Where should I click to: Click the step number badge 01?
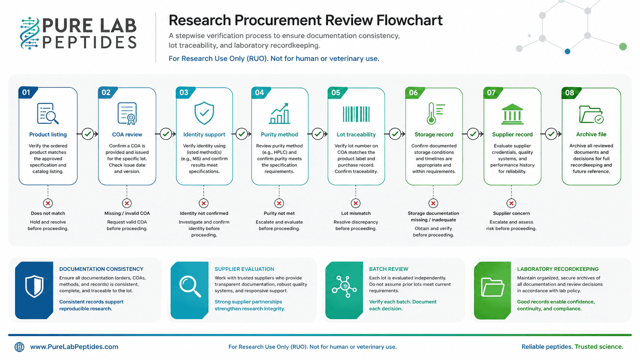coord(26,92)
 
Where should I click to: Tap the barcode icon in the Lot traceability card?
coord(356,114)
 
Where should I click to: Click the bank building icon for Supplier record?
coord(512,114)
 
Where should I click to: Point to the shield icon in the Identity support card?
coord(204,113)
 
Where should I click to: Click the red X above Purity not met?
coord(279,203)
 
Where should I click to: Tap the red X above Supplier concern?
coord(511,203)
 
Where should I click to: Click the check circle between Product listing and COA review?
coord(88,134)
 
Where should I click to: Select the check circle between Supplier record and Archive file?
coord(551,134)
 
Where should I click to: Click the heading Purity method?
coord(279,134)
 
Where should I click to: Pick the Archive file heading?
coord(591,134)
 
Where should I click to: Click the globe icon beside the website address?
coord(20,347)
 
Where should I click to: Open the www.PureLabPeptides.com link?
coord(74,347)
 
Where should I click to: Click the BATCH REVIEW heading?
coord(389,269)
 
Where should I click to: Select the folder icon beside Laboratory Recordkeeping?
coord(492,287)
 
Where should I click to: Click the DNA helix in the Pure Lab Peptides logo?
coord(30,33)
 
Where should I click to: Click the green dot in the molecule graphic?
coord(623,47)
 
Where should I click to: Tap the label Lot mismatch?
coord(356,213)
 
